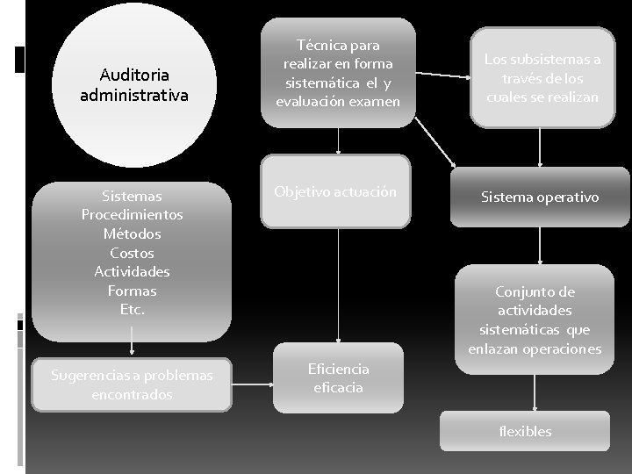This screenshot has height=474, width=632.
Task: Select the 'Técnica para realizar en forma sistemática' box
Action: tap(338, 74)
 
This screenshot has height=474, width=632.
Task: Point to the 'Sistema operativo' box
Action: tap(540, 197)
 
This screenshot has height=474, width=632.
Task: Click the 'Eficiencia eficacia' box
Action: tap(338, 378)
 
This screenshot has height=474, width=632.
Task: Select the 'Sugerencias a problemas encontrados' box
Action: tap(132, 385)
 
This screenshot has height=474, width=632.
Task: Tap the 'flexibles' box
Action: tap(525, 431)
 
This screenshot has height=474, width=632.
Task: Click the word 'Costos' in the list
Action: tap(132, 253)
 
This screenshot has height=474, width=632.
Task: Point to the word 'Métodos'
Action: tap(132, 233)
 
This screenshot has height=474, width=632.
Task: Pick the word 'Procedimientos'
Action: tap(132, 215)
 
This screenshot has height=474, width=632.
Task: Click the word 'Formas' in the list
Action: tap(132, 290)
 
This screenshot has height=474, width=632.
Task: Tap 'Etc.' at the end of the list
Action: tap(132, 309)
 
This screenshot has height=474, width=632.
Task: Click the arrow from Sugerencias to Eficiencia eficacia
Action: tap(253, 384)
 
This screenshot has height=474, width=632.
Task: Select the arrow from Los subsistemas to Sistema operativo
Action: tap(540, 147)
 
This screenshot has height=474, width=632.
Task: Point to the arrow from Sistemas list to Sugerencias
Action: tap(132, 341)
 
